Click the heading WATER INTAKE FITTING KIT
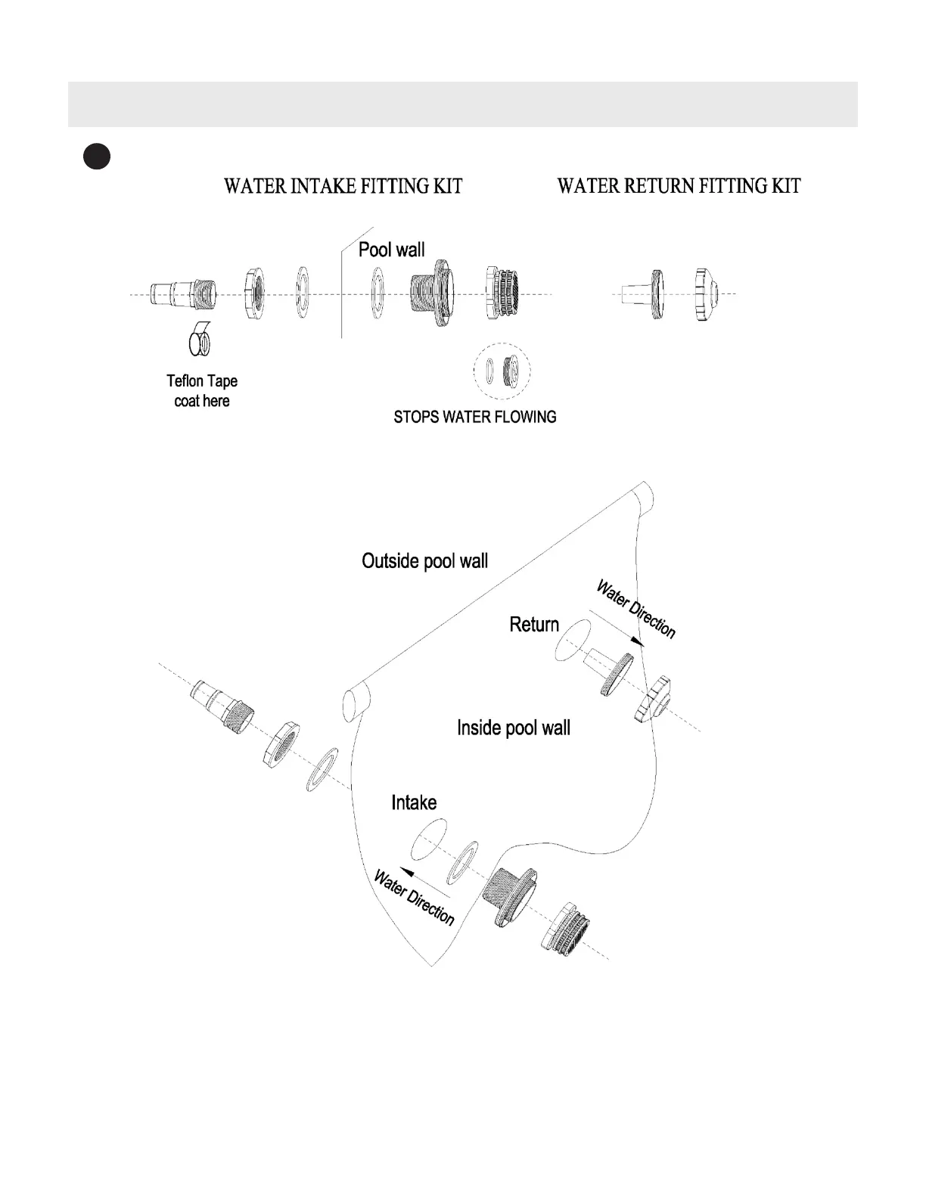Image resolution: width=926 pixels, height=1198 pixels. tap(343, 186)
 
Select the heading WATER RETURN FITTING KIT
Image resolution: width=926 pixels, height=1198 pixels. tap(679, 186)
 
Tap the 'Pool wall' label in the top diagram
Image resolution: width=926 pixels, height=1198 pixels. tap(391, 250)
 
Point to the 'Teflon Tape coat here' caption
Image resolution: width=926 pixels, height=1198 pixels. tap(202, 391)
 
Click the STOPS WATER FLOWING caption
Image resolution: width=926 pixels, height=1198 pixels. tap(475, 417)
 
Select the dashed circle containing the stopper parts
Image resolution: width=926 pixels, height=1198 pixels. tap(502, 371)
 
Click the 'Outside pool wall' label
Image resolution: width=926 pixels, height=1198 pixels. tap(424, 561)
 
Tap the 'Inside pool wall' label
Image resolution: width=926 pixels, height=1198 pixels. tap(514, 728)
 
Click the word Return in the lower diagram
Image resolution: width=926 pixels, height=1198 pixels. tap(534, 625)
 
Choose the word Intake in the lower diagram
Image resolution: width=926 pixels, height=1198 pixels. tap(414, 802)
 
